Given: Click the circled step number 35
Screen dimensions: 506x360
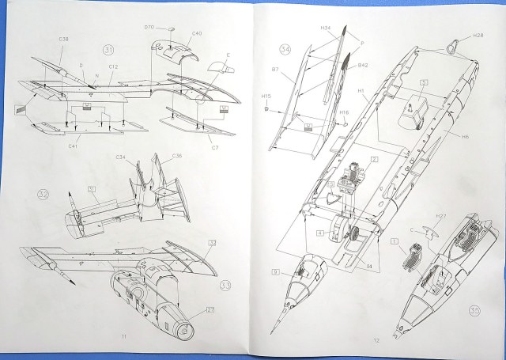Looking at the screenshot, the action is (474, 309).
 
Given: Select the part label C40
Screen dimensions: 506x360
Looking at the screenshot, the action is (197, 34).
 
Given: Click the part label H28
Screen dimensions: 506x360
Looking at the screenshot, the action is (478, 36).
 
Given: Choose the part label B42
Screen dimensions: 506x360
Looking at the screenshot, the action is (364, 66).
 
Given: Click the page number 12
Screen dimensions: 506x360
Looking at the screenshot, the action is (377, 340).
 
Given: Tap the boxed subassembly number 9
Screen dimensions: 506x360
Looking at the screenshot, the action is (275, 272).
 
